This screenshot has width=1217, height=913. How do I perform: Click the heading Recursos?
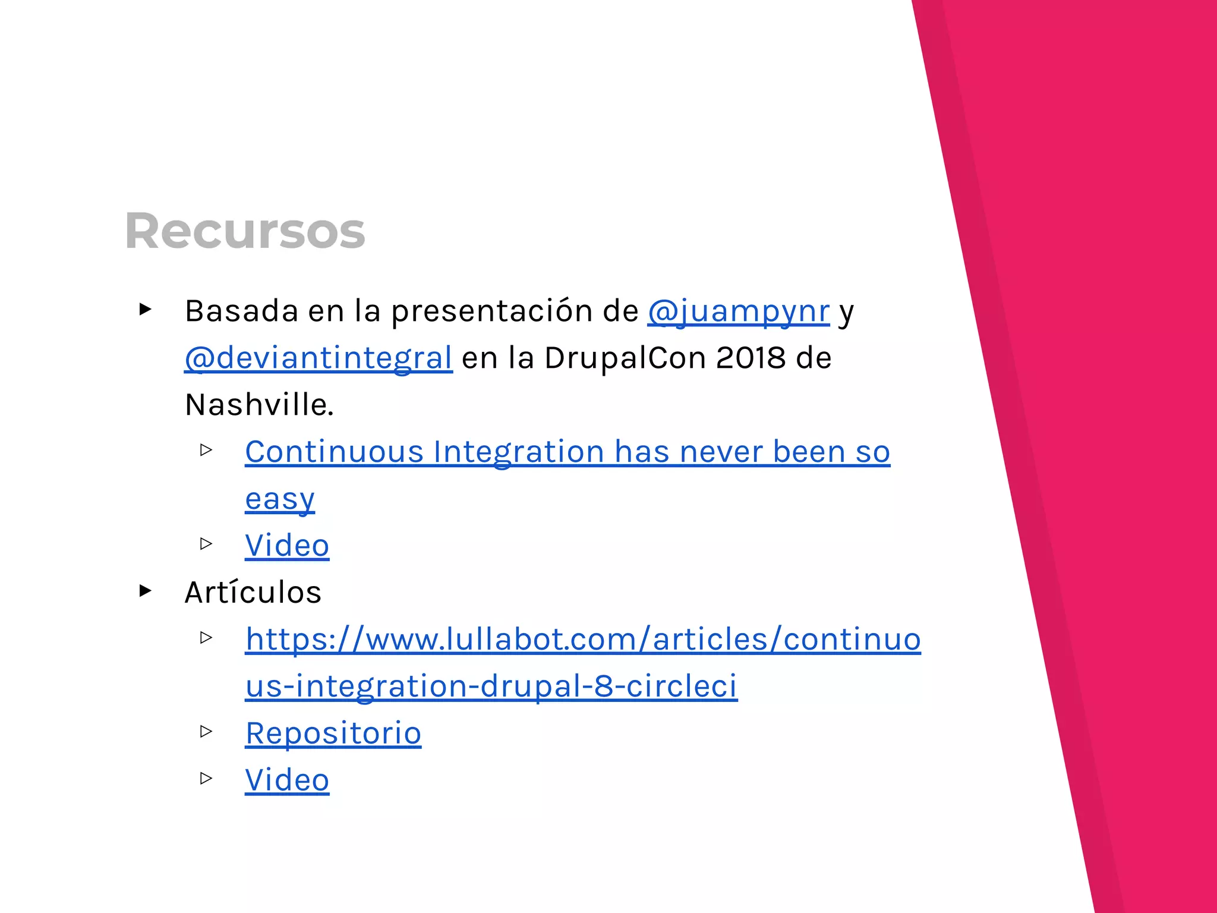[x=245, y=231]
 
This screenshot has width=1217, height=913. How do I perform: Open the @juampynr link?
[x=738, y=311]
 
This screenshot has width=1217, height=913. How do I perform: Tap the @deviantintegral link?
[x=319, y=358]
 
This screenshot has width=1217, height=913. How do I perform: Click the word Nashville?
[x=259, y=405]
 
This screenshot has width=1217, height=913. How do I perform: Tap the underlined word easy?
[x=280, y=499]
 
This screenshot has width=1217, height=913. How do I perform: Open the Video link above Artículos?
[x=287, y=546]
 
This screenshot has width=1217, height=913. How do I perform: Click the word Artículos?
[x=253, y=593]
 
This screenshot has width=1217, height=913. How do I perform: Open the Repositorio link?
[x=333, y=733]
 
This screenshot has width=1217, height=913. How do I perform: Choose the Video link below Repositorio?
[x=287, y=780]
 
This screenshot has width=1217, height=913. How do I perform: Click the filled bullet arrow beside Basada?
[x=146, y=309]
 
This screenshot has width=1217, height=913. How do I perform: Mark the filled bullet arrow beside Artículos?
[x=146, y=591]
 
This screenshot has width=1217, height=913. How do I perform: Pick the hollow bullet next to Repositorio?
[x=206, y=731]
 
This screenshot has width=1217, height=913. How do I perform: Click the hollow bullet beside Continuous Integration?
[x=206, y=450]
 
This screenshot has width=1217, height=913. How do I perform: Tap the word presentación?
[x=514, y=311]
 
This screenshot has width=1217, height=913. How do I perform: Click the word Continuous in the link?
[x=334, y=452]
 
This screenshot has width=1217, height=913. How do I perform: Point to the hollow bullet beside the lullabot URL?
[x=206, y=638]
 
